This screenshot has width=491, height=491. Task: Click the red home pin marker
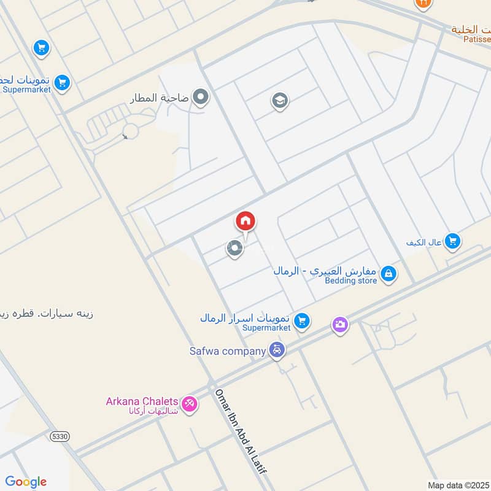click(245, 222)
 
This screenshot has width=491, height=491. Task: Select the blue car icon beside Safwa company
click(278, 350)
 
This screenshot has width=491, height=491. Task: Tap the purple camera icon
click(340, 324)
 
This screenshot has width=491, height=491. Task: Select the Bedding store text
click(350, 280)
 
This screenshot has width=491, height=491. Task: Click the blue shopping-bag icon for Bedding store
click(388, 274)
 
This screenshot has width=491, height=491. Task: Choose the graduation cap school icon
click(280, 101)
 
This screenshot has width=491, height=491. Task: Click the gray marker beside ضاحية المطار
click(201, 97)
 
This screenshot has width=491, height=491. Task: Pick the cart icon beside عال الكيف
click(452, 241)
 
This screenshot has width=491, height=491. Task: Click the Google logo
click(26, 481)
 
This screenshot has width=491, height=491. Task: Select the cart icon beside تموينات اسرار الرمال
click(301, 320)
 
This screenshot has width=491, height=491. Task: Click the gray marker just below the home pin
click(234, 249)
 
